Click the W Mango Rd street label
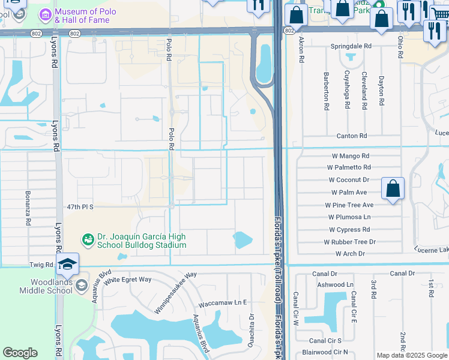349,155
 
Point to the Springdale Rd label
351,46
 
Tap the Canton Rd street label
351,136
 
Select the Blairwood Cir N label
325,352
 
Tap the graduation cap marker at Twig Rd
67,264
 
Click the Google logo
20,353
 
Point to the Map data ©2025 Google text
412,355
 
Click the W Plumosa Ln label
349,217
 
